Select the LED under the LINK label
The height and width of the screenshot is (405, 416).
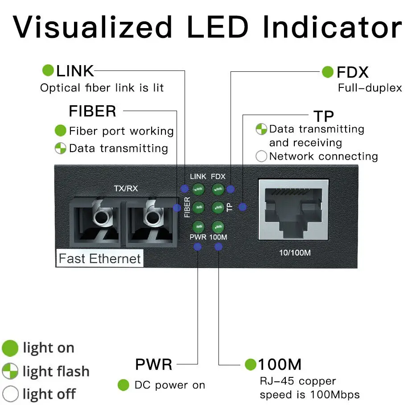198,190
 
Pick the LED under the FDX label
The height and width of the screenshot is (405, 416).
218,190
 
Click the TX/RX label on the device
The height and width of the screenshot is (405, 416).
126,189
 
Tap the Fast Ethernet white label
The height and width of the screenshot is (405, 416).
100,259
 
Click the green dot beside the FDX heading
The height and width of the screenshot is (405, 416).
328,72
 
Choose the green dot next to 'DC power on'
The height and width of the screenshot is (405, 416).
124,385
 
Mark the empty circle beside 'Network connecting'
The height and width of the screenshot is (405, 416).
261,157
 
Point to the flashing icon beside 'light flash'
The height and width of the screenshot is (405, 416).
11,371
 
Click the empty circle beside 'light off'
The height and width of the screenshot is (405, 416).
11,394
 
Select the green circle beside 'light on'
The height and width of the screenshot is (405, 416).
10,348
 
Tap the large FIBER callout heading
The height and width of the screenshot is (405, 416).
92,111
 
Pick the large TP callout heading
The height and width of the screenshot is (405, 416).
324,116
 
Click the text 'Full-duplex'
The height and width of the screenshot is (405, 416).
370,87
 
